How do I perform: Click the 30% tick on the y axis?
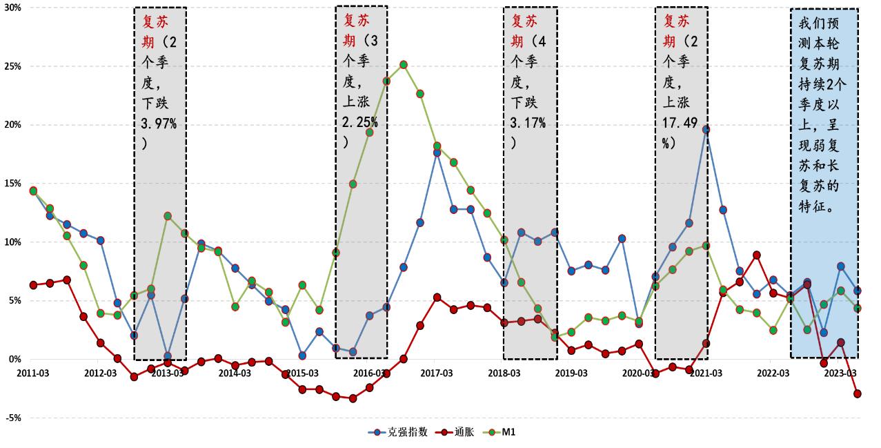point(11,8)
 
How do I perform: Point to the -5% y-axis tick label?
point(11,418)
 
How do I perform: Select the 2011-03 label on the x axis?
point(32,373)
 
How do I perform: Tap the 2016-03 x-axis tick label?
point(369,373)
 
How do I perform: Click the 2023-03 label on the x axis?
point(841,373)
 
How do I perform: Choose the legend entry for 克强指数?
point(403,432)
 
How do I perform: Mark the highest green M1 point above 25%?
point(403,65)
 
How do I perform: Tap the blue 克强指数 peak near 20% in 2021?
point(706,130)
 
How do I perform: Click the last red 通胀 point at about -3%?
point(858,393)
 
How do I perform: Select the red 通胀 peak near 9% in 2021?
point(757,255)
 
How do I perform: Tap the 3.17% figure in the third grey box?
point(528,124)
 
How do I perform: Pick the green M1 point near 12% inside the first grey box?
point(168,216)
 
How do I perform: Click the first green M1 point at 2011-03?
point(33,191)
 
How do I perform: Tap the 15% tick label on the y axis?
point(11,184)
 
